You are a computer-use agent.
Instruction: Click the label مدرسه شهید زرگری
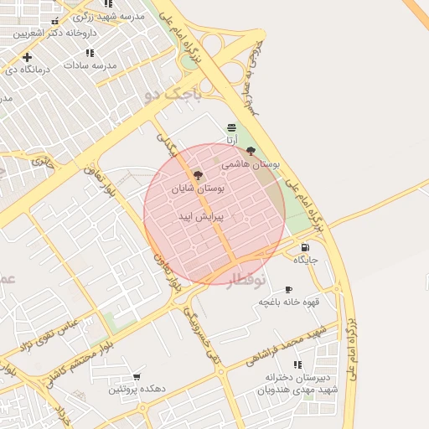[108, 17]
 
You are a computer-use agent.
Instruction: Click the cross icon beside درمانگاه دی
[27, 57]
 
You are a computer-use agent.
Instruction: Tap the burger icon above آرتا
[231, 127]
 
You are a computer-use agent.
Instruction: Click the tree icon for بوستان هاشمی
[251, 152]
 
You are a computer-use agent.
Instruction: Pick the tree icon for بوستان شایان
[198, 176]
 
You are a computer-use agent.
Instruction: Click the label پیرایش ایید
[198, 216]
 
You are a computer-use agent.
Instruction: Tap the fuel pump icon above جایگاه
[303, 247]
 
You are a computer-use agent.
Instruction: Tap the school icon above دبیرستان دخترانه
[297, 364]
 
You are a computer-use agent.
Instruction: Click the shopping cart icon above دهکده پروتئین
[137, 377]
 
